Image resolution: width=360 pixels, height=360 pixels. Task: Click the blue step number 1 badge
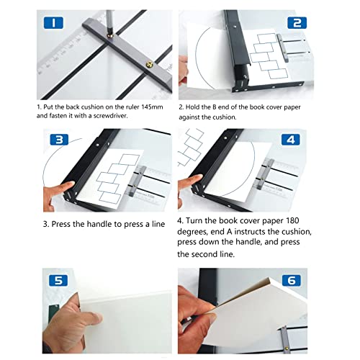pyautogui.click(x=53, y=23)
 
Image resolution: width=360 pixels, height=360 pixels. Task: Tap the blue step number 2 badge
pyautogui.click(x=297, y=23)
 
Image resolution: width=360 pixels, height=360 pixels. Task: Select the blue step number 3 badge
pyautogui.click(x=59, y=140)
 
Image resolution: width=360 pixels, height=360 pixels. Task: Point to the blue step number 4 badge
pyautogui.click(x=291, y=140)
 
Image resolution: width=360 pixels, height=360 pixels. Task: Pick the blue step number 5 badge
pyautogui.click(x=58, y=280)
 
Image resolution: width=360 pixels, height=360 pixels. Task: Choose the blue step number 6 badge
pyautogui.click(x=292, y=280)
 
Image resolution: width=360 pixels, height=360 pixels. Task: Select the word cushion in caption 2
pyautogui.click(x=224, y=117)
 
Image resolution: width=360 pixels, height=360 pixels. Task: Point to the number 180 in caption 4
pyautogui.click(x=292, y=220)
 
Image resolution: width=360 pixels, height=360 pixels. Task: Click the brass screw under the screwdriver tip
pyautogui.click(x=111, y=36)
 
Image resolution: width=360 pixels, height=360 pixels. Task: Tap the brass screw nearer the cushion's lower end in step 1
pyautogui.click(x=150, y=64)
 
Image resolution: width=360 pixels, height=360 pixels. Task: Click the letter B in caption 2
pyautogui.click(x=215, y=107)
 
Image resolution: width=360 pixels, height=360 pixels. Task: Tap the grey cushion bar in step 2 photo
pyautogui.click(x=282, y=48)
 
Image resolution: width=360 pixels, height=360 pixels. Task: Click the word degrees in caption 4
pyautogui.click(x=192, y=232)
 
